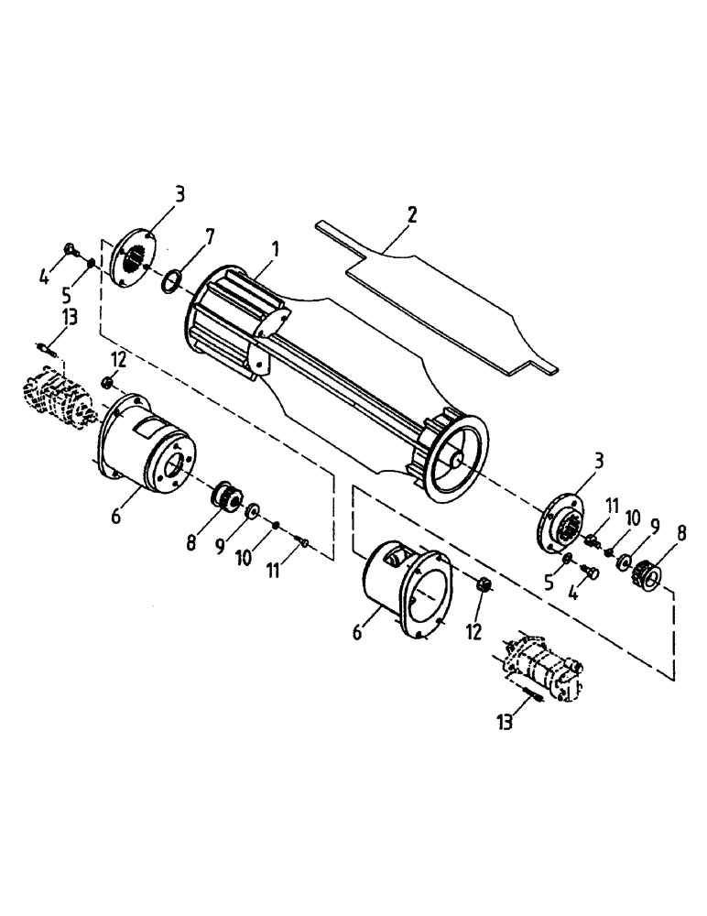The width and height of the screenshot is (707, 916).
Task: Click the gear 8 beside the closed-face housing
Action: [224, 498]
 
